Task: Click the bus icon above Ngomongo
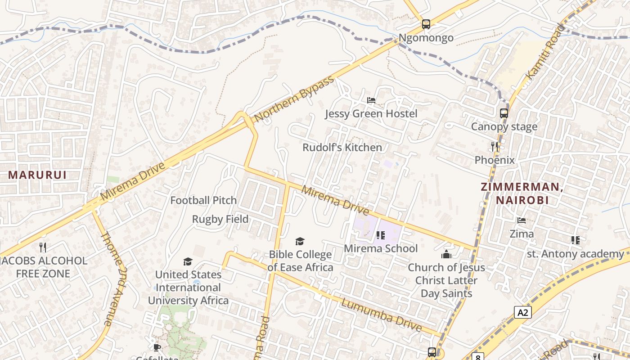coord(426,24)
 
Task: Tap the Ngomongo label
coord(426,38)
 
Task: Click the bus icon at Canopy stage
coord(504,113)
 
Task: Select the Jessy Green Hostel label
coord(371,113)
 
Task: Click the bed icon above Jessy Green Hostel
coord(371,100)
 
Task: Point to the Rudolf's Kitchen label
coord(342,147)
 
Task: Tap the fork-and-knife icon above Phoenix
coord(495,146)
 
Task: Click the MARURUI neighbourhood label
coord(37,175)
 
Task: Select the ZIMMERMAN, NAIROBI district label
coord(522,193)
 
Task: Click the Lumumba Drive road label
coord(381,315)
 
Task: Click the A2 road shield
coord(522,312)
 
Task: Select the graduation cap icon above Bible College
coord(300,242)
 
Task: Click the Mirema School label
coord(381,248)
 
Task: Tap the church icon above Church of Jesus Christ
coord(446,254)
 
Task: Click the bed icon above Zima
coord(522,220)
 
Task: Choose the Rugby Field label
coord(220,219)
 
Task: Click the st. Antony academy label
coord(575,254)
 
